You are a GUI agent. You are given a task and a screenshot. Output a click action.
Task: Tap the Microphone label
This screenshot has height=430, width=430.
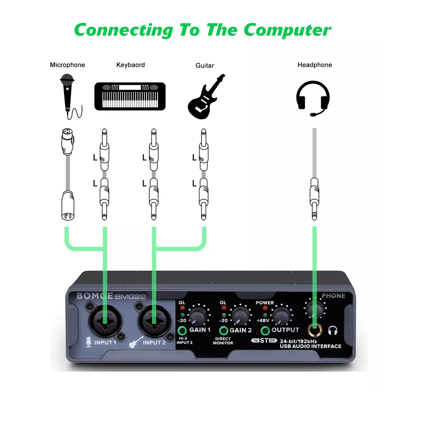point(67,65)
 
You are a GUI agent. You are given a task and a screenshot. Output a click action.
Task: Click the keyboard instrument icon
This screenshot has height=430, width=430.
point(130,96)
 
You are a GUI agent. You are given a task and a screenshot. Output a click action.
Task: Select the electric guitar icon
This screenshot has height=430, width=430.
point(205,97)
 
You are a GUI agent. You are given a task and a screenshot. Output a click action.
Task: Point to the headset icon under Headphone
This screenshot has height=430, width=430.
point(313,98)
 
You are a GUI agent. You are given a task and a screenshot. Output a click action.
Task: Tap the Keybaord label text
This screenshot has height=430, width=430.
point(130,65)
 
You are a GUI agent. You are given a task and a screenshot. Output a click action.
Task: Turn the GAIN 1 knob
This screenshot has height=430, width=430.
point(198,316)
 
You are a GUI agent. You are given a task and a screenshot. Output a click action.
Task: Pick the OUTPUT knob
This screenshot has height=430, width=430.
point(282,316)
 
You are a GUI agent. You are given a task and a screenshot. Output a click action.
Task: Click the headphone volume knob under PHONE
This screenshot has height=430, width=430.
point(314,309)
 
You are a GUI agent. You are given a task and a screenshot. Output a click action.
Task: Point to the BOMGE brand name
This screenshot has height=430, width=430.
point(95,296)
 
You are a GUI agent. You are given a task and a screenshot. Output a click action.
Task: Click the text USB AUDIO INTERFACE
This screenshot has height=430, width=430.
point(310,347)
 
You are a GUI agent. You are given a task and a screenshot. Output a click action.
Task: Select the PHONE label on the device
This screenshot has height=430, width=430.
point(333,296)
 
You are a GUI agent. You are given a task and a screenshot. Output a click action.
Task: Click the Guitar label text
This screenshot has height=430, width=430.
point(205,66)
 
